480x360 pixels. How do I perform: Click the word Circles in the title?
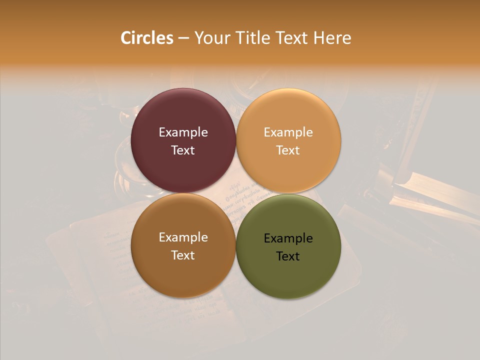pos(147,38)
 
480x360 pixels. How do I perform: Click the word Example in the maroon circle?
pos(183,132)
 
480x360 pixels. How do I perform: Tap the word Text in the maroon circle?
pos(183,150)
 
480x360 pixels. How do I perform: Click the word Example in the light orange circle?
pos(288,132)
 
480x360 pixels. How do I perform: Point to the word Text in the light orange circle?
pos(288,150)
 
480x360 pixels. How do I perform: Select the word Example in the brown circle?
pos(183,237)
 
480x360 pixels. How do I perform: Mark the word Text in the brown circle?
pos(183,255)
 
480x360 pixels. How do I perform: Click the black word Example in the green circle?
pos(288,238)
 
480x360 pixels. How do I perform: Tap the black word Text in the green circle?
pos(288,256)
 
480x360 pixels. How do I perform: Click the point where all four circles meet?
pos(236,193)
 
